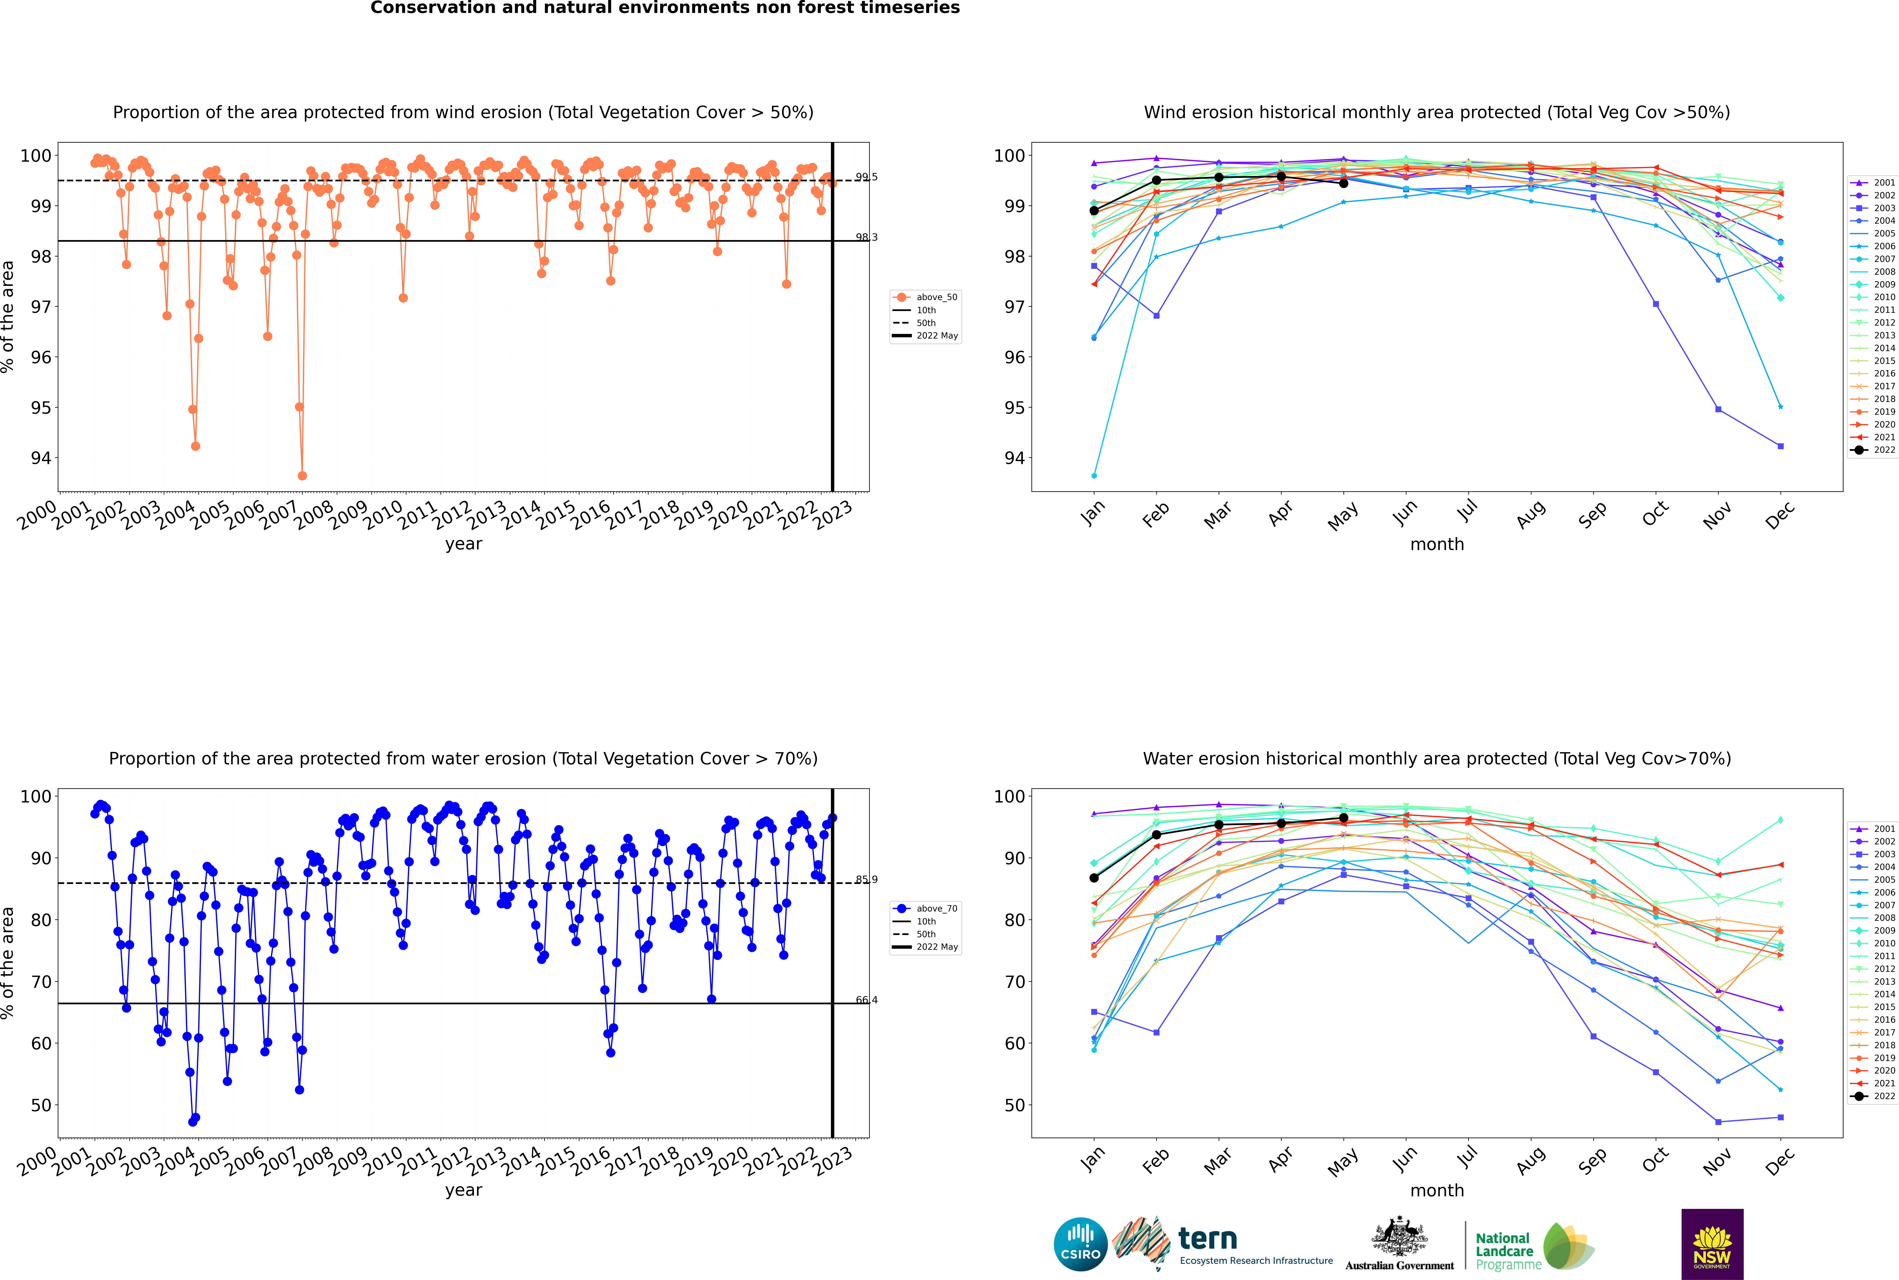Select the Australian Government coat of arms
tap(1399, 1237)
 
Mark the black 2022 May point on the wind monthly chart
tap(1343, 183)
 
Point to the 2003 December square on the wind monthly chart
tap(1781, 447)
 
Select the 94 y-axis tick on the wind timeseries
tap(41, 458)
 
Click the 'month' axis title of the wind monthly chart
tap(1437, 545)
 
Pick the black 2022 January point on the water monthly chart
tap(1094, 878)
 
